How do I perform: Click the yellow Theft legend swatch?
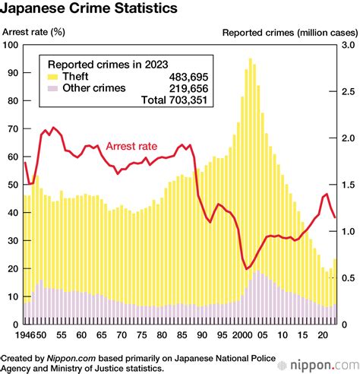pyautogui.click(x=53, y=77)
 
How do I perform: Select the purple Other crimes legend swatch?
pyautogui.click(x=53, y=88)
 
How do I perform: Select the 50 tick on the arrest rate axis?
pyautogui.click(x=13, y=185)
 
